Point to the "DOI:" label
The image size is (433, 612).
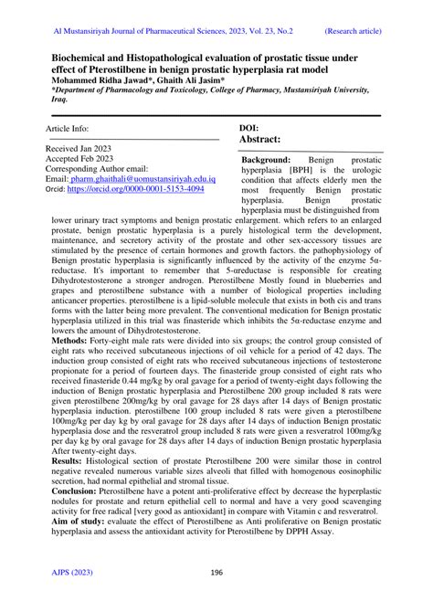pyautogui.click(x=253, y=128)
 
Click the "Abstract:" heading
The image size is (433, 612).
pyautogui.click(x=265, y=141)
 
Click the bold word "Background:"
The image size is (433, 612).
pyautogui.click(x=266, y=159)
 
